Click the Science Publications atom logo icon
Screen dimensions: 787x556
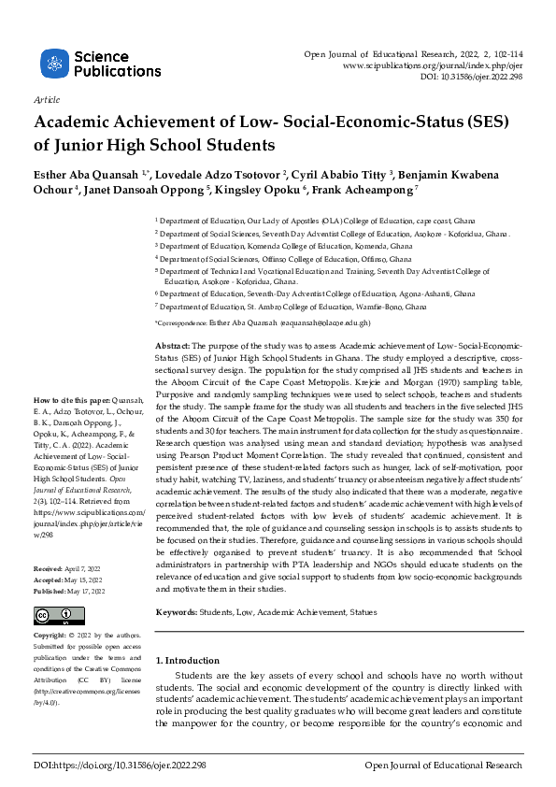coord(54,64)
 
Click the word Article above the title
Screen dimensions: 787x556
coord(46,99)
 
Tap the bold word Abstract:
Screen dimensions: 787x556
coord(172,346)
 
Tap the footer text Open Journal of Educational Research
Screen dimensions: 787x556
coord(443,766)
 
